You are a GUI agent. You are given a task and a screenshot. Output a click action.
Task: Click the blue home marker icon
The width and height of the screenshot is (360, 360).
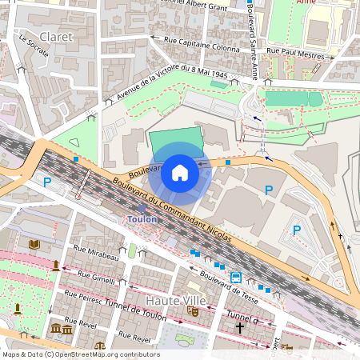click(x=180, y=172)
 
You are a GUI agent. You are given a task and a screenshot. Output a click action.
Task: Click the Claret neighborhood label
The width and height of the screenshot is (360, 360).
click(x=55, y=37)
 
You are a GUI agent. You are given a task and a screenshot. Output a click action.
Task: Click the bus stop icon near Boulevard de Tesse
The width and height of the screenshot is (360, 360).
click(x=236, y=278)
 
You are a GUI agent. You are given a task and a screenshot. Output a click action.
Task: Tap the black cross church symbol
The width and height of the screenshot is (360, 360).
click(x=239, y=328)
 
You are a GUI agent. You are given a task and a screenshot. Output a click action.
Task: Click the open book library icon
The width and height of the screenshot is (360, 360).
click(x=34, y=244)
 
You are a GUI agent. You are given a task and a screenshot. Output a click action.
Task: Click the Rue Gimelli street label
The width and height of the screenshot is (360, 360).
click(x=94, y=276)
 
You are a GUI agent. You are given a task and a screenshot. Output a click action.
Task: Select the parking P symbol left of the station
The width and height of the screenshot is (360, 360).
click(x=47, y=182)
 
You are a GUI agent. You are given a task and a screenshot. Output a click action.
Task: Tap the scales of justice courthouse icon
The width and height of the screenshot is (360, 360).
click(x=99, y=347)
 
